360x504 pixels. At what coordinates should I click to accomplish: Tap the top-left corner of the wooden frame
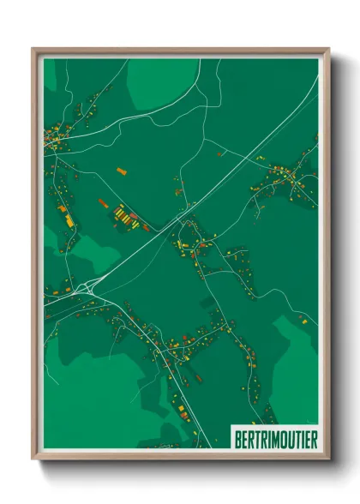pos(33,49)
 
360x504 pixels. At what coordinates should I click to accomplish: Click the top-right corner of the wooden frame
pos(328,49)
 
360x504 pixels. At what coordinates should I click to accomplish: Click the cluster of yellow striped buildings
pos(126,215)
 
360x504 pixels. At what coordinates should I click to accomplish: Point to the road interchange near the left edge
pos(86,287)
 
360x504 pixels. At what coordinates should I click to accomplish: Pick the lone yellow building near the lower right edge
pos(302,319)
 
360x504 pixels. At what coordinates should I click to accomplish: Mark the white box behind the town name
pos(274,438)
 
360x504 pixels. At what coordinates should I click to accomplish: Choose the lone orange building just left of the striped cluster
pos(103,203)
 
